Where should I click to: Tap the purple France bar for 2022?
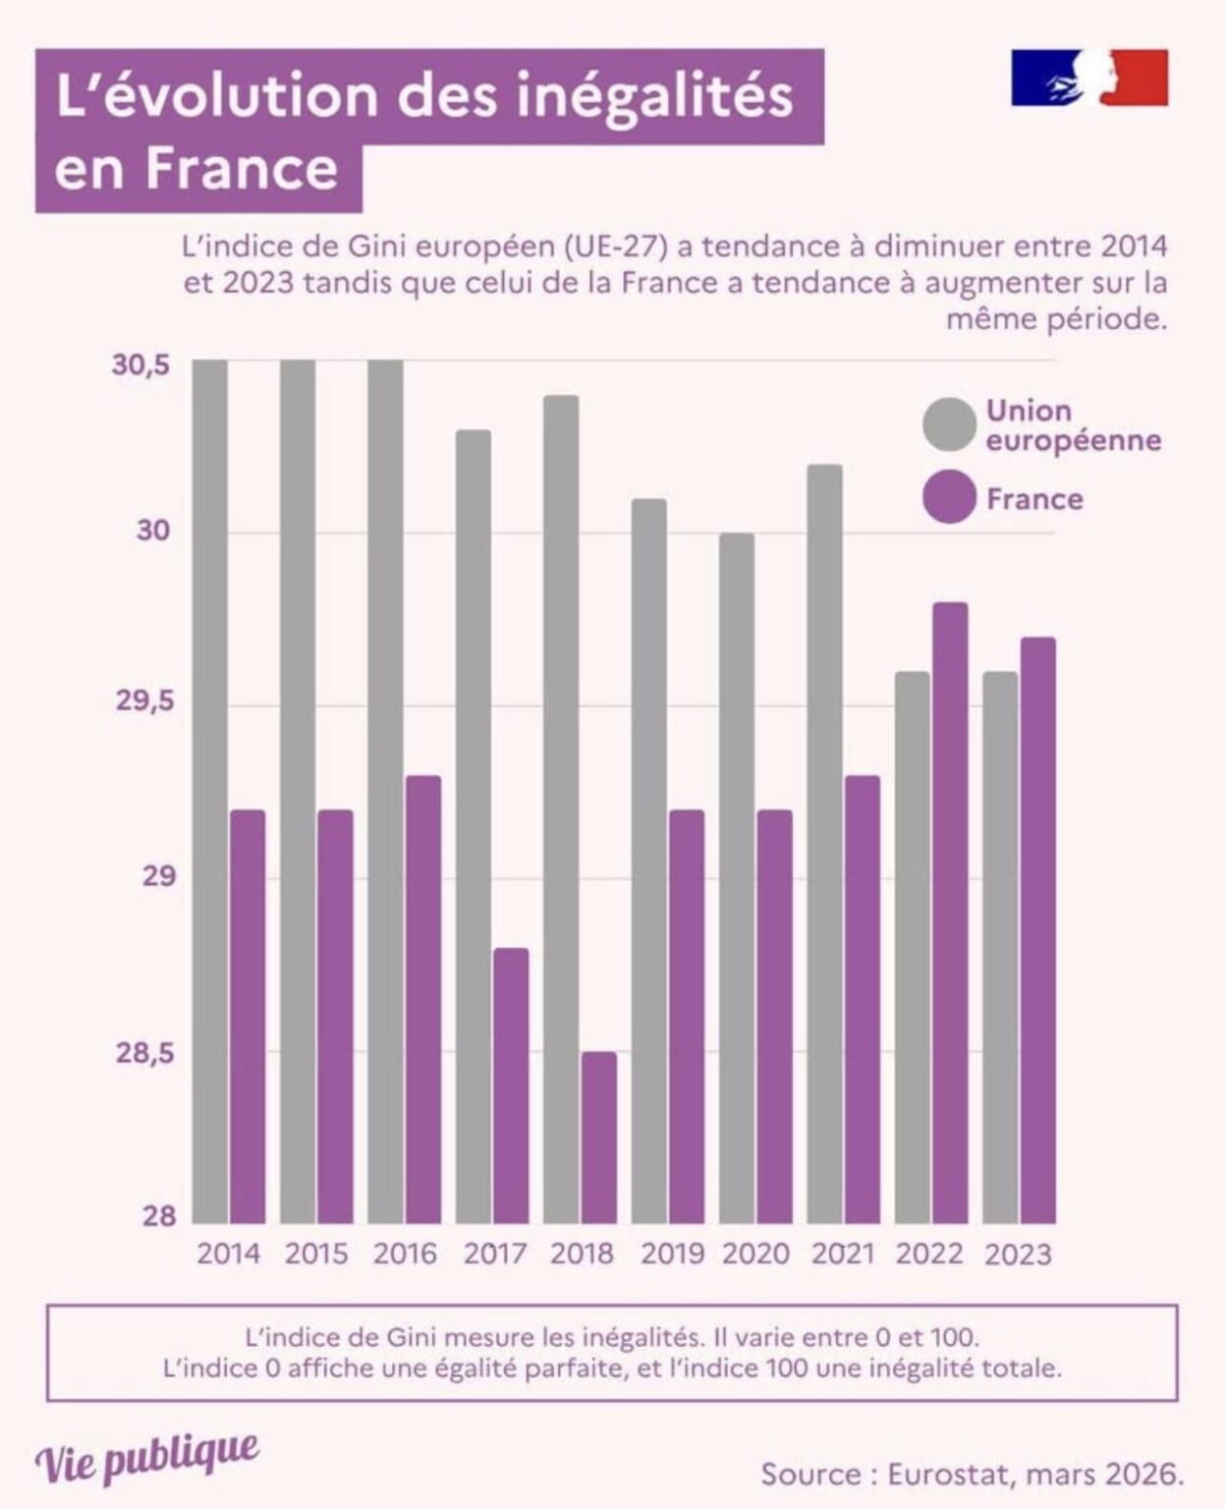(x=950, y=913)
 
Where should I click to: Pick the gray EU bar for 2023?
(x=1000, y=947)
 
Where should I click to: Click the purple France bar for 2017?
(x=511, y=1086)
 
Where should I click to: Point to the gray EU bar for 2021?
(x=824, y=844)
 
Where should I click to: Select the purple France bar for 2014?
(x=248, y=1017)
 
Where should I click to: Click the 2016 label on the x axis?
(x=405, y=1255)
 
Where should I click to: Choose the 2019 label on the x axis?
(x=672, y=1255)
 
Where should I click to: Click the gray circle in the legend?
(x=949, y=425)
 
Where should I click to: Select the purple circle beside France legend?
(x=949, y=497)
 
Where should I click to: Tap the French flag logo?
(x=1089, y=78)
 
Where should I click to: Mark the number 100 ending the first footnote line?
(x=953, y=1337)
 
